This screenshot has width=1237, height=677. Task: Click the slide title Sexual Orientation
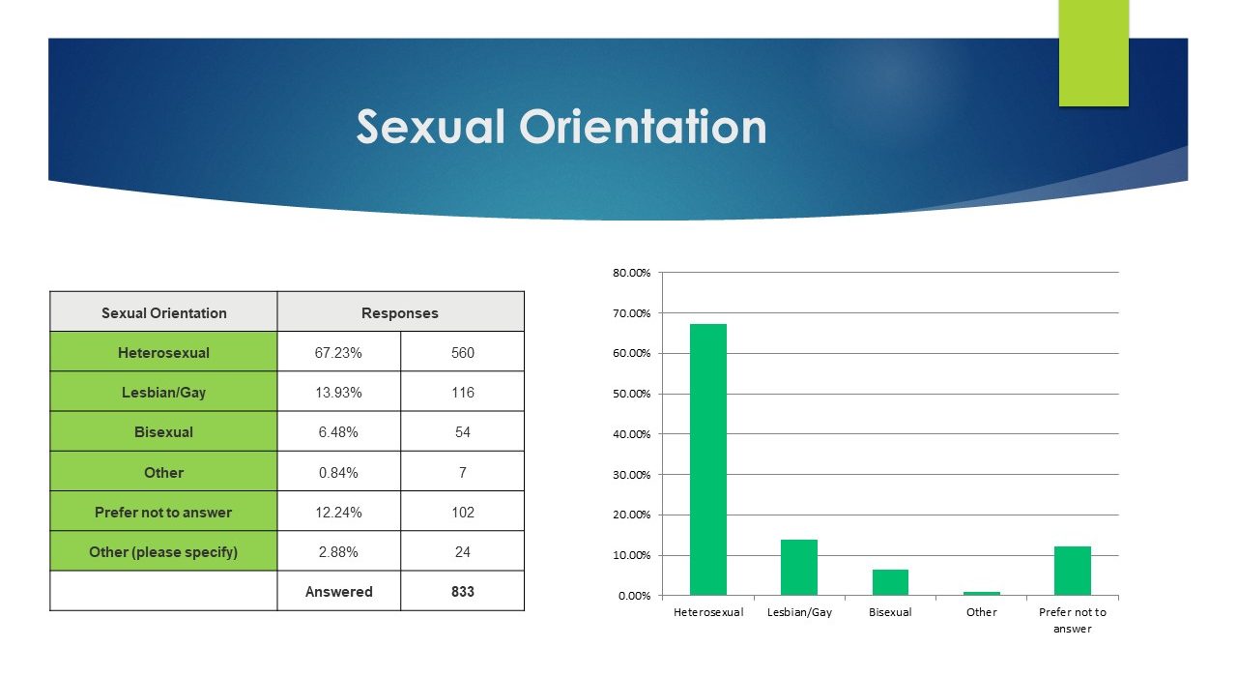point(561,127)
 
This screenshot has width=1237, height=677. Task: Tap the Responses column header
point(400,312)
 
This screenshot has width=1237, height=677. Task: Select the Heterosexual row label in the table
point(163,353)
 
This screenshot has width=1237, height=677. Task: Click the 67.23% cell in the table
point(338,353)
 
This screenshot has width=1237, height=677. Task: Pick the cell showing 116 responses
point(463,393)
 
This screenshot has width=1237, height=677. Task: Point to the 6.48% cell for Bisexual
point(338,432)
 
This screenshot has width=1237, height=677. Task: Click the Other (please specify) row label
point(163,551)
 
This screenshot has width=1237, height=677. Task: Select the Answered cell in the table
point(338,591)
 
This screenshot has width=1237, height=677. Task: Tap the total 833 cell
point(463,591)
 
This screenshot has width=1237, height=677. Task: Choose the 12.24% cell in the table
point(338,513)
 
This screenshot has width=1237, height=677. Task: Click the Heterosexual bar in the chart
point(708,459)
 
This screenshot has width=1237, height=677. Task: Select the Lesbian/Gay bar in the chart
point(799,568)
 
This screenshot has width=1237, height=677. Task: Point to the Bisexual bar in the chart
point(890,582)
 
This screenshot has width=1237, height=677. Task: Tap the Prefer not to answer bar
point(1073,571)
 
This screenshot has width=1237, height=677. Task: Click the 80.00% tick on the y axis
point(632,273)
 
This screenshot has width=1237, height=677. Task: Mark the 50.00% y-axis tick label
point(632,394)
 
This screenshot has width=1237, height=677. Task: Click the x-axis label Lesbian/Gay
point(799,612)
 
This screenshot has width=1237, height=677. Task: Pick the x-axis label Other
point(981,612)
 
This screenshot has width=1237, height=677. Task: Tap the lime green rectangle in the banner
point(1093,53)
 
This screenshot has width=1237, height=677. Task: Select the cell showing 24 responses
point(463,551)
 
